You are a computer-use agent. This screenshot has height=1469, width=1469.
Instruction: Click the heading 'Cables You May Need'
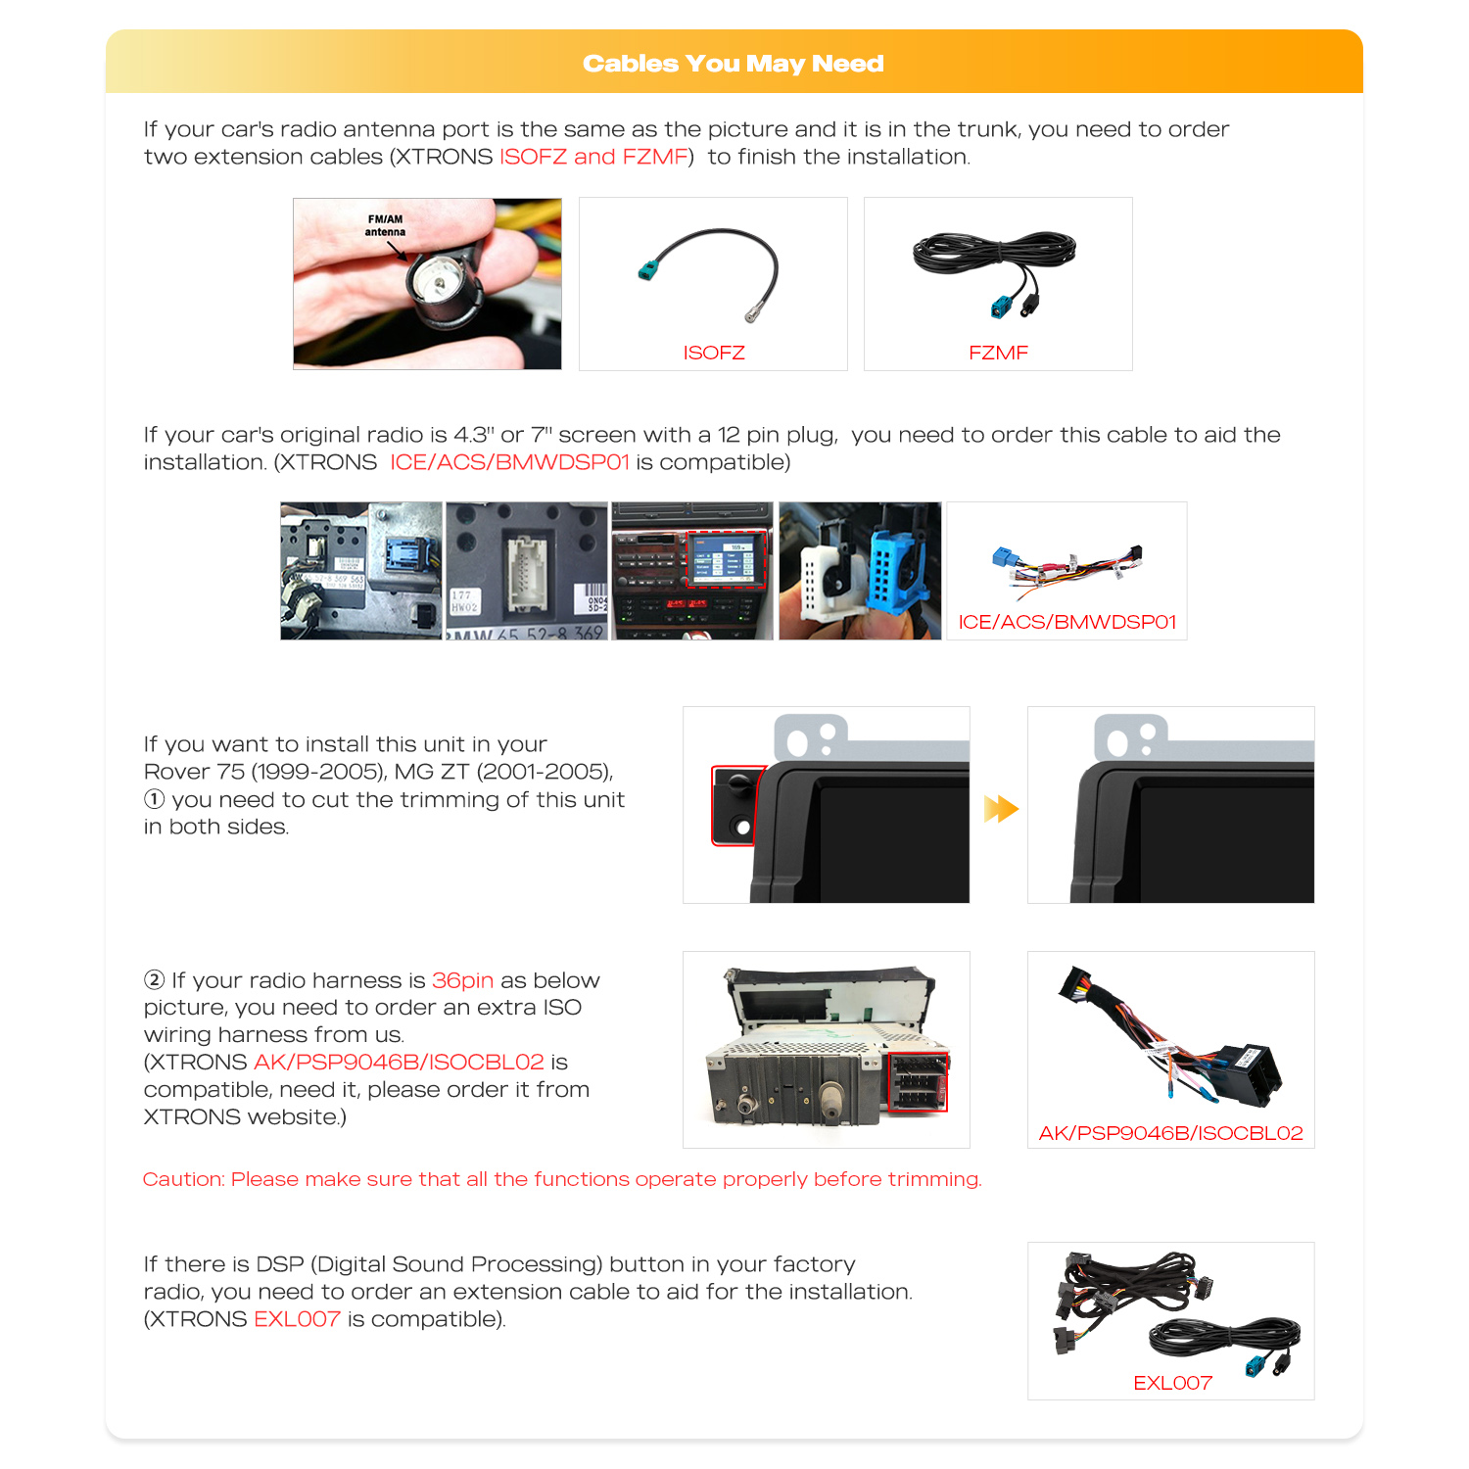pos(734,64)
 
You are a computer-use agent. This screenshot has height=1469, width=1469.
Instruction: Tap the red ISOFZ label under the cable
pos(714,353)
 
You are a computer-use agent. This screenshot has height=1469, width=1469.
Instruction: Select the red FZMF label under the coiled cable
pos(998,353)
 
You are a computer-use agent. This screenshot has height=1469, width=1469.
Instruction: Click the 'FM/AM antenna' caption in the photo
pos(385,226)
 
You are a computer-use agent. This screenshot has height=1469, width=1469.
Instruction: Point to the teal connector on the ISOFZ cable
pos(647,270)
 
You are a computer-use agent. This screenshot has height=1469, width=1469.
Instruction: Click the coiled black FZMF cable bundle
pos(994,253)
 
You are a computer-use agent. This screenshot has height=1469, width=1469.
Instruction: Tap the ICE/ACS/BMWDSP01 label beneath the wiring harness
pos(1066,622)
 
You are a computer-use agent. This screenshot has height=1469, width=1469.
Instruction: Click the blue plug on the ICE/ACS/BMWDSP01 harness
pos(1004,557)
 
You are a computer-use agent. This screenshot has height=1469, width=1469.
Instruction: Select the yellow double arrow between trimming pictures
pos(1001,809)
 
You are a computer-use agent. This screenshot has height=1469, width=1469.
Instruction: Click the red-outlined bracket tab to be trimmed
pos(738,805)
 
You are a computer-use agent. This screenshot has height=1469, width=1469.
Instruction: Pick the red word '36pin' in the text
pos(462,980)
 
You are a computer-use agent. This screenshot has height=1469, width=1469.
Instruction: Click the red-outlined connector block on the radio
pos(917,1081)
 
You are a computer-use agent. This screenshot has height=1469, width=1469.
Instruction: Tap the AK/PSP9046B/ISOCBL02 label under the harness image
pos(1170,1133)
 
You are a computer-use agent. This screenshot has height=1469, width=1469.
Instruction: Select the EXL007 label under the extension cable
pos(1172,1383)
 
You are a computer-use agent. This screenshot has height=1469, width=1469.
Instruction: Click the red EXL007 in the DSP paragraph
pos(297,1319)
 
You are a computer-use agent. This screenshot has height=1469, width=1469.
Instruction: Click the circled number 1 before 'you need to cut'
pos(155,799)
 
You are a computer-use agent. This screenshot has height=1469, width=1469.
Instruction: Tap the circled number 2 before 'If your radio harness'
pos(155,980)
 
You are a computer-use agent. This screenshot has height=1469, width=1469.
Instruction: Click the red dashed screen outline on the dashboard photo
pos(726,560)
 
